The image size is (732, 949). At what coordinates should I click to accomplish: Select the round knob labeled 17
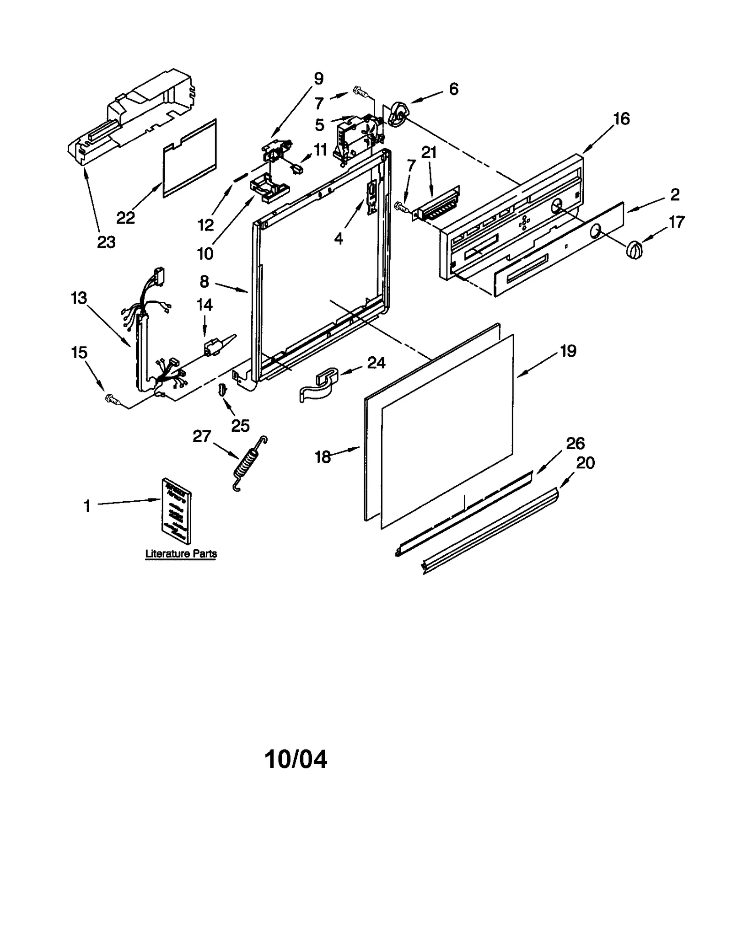pyautogui.click(x=634, y=250)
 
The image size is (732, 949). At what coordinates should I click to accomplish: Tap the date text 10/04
pyautogui.click(x=296, y=760)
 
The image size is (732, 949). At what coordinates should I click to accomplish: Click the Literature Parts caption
pyautogui.click(x=181, y=553)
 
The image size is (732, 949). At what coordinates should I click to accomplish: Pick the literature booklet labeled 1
pyautogui.click(x=177, y=509)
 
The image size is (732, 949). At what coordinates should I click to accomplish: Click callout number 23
pyautogui.click(x=106, y=242)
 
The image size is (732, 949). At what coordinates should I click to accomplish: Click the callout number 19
pyautogui.click(x=568, y=351)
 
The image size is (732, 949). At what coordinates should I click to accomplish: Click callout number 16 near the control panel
pyautogui.click(x=621, y=119)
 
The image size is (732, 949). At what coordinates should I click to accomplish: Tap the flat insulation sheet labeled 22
pyautogui.click(x=189, y=159)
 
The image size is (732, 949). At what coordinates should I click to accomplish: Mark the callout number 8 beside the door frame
pyautogui.click(x=205, y=282)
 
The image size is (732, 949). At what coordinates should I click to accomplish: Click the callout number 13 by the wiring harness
pyautogui.click(x=79, y=298)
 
